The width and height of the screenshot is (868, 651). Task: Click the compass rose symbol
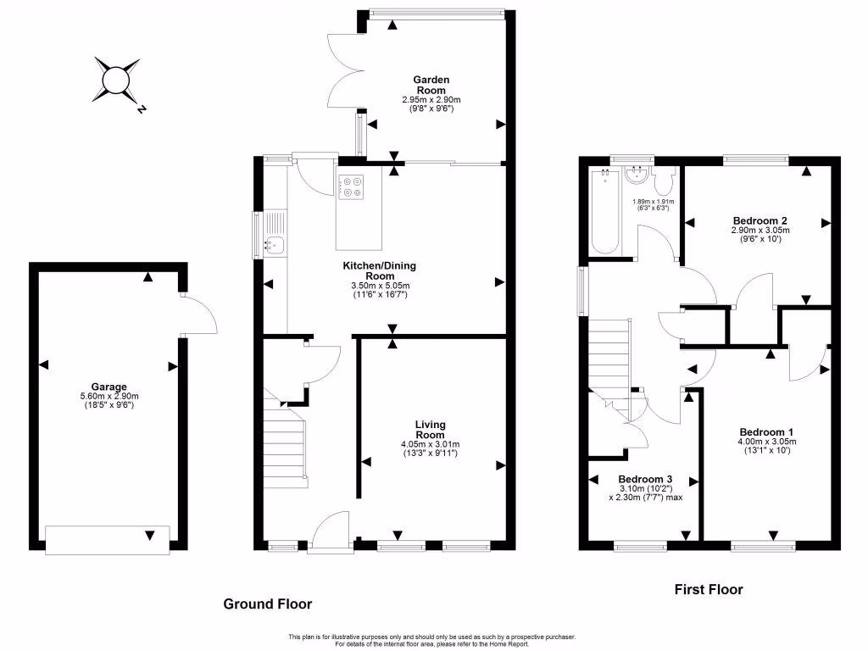click(116, 81)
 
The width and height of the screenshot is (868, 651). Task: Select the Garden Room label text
click(431, 84)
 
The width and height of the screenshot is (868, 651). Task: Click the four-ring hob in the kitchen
click(351, 186)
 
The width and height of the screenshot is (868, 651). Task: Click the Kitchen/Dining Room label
click(379, 270)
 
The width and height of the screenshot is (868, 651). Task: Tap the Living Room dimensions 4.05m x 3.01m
click(430, 444)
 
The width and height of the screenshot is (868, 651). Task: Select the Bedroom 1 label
click(766, 430)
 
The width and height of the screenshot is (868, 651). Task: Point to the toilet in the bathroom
click(663, 181)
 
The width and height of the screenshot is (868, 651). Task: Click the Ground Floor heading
click(267, 604)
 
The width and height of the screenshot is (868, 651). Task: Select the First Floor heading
click(708, 589)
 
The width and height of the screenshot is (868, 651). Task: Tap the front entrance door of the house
click(330, 533)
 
